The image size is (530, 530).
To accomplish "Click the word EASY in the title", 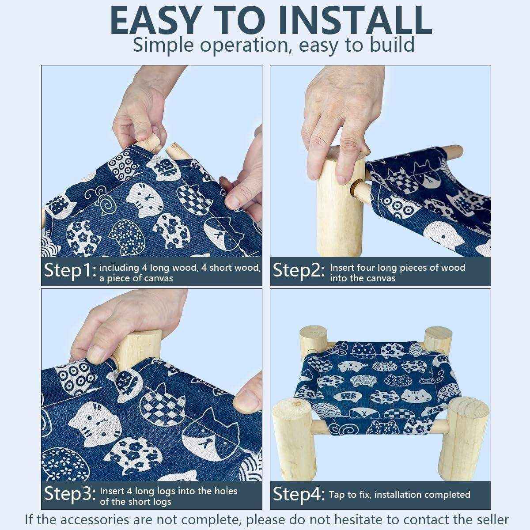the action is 154,21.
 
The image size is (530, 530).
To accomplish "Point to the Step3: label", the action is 70,494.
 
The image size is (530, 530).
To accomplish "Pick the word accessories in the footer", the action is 95,520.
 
